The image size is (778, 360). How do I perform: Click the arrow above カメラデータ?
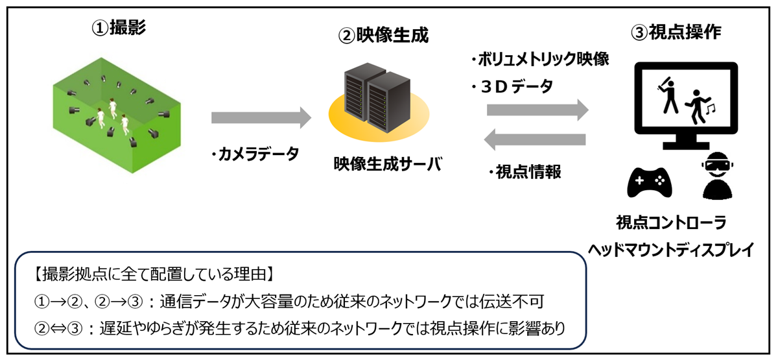261,118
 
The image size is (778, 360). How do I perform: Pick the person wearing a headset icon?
715,176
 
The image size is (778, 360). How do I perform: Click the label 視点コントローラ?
670,223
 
